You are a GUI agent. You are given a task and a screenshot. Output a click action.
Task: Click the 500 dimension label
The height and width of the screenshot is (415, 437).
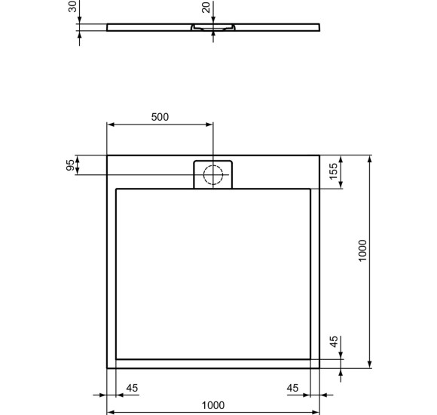pyautogui.click(x=160, y=117)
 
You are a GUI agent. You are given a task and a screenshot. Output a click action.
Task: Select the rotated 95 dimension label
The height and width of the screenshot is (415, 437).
pyautogui.click(x=71, y=165)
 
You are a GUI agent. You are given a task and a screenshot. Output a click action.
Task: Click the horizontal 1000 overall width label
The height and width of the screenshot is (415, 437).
pyautogui.click(x=213, y=405)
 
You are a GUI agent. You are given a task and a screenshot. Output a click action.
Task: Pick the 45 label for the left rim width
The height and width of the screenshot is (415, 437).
pyautogui.click(x=132, y=388)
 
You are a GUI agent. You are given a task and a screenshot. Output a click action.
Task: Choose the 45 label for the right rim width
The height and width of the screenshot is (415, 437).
pyautogui.click(x=293, y=388)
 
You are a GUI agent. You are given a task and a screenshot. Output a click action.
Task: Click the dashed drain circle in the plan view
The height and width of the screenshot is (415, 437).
pyautogui.click(x=214, y=174)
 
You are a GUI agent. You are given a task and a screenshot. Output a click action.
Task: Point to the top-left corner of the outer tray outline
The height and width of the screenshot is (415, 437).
pyautogui.click(x=107, y=155)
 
